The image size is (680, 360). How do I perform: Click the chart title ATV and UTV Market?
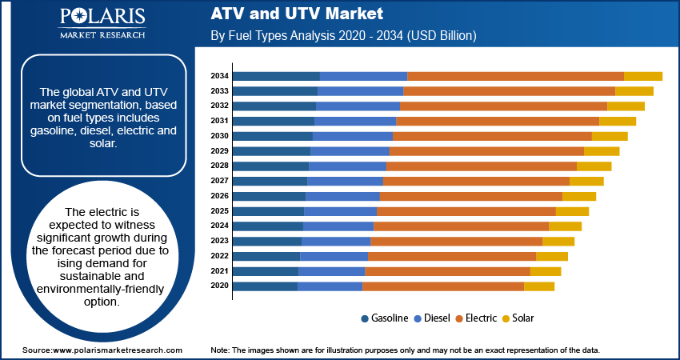point(298,14)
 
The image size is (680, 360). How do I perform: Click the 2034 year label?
point(219,76)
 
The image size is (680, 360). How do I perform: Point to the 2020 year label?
point(219,286)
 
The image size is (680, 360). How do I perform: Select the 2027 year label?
point(219,181)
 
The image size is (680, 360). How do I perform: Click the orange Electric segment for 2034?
point(515,76)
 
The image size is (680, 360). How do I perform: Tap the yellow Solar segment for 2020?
point(538,286)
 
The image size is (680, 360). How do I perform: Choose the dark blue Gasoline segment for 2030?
point(272,136)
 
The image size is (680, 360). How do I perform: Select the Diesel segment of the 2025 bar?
point(340,211)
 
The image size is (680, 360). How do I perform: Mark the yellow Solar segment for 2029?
point(602,151)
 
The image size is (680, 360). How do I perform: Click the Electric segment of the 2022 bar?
point(451,256)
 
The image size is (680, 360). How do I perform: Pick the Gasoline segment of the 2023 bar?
point(267,241)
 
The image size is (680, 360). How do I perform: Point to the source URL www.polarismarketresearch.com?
point(117,350)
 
